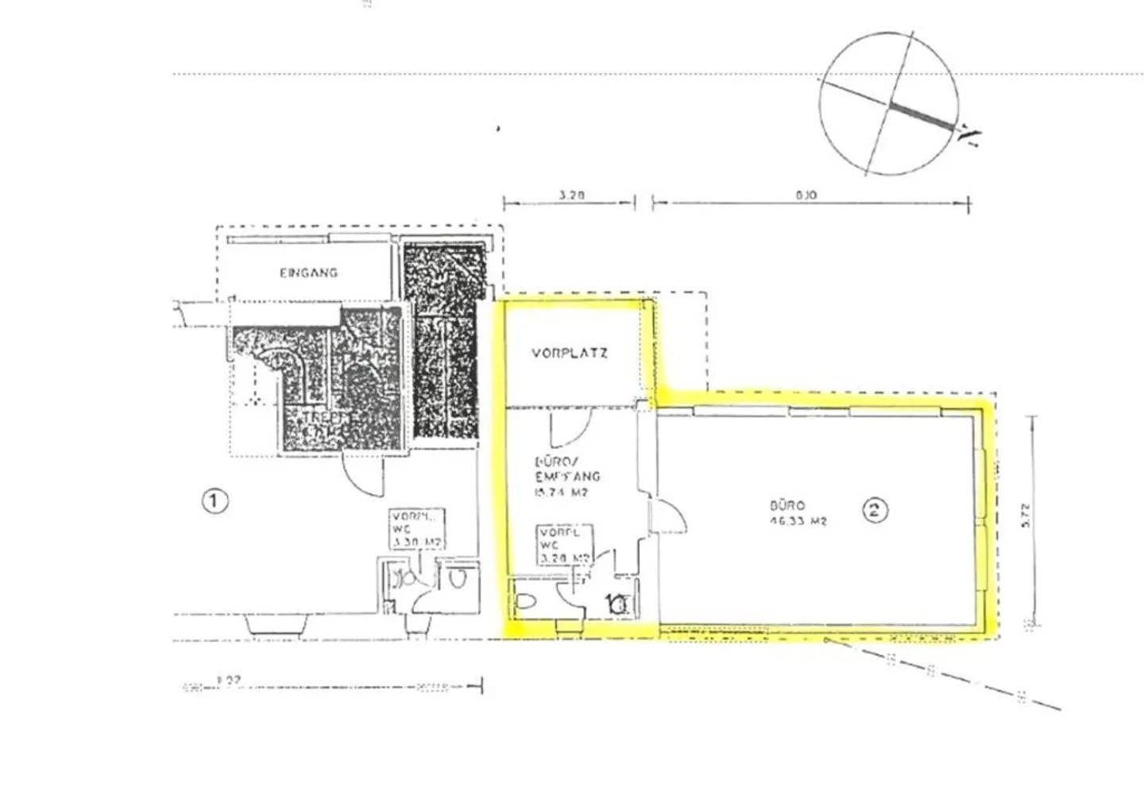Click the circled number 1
pos(215,501)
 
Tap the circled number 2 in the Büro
pos(875,509)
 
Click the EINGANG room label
pos(308,273)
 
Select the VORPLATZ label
pos(570,353)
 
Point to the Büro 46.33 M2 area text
pos(798,513)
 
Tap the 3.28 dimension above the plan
pos(571,194)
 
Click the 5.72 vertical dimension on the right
pos(1026,517)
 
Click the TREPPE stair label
pos(311,416)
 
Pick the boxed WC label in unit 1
pos(415,529)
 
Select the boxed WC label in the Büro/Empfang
pos(564,545)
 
